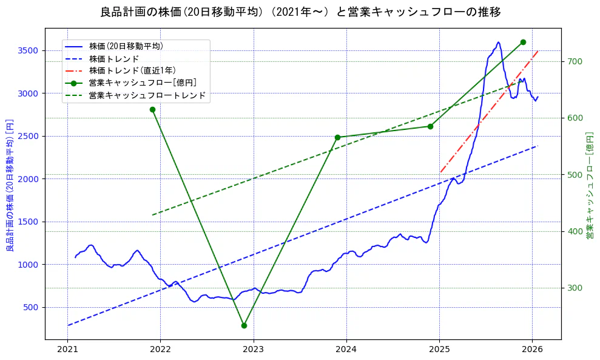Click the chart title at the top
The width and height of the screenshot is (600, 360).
[300, 12]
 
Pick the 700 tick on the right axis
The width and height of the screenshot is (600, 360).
[575, 61]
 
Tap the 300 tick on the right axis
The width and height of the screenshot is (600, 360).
[575, 288]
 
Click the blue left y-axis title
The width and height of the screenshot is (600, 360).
[10, 185]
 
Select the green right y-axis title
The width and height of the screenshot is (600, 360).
[589, 185]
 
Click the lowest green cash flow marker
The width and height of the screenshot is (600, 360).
[244, 325]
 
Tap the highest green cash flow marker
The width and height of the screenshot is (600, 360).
[523, 42]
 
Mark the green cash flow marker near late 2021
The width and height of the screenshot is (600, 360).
[152, 109]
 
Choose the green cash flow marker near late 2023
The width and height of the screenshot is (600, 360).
[337, 137]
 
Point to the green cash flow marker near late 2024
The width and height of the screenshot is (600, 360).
[430, 126]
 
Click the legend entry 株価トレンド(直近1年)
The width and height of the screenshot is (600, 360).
[132, 70]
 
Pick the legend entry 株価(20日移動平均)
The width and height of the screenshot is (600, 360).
[126, 46]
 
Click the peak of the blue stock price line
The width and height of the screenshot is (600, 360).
[498, 42]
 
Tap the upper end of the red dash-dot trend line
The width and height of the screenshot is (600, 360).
[538, 52]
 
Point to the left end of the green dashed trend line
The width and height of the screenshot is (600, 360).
[152, 215]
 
